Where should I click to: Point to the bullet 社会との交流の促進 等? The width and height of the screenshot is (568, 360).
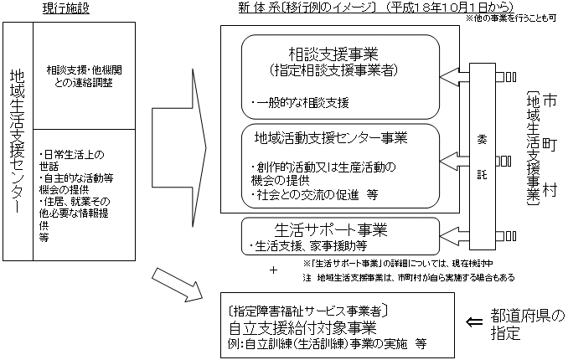313,195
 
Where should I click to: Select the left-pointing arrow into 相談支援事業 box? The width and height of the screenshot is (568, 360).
455,78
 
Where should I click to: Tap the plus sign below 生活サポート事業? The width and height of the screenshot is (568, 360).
273,270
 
